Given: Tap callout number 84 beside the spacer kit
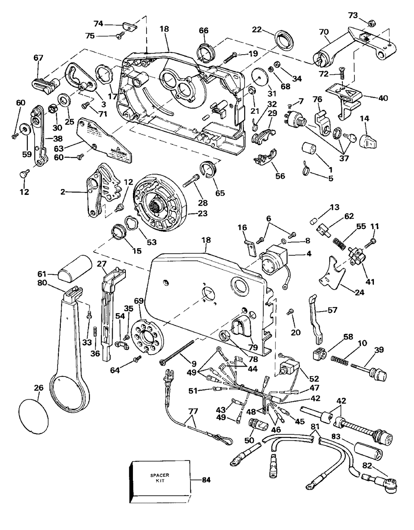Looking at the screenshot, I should click(x=206, y=480).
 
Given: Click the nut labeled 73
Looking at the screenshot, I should click(x=361, y=22).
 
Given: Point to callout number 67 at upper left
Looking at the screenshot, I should click(x=38, y=58).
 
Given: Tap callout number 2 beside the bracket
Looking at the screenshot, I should click(x=63, y=192).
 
